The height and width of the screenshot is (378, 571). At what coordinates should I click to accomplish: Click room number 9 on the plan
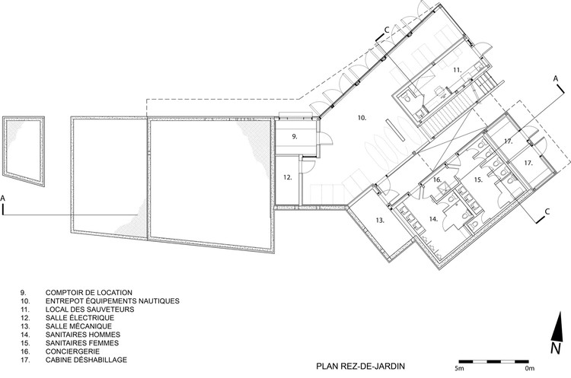coord(295,137)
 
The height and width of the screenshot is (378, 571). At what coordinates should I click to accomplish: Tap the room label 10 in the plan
coord(362,118)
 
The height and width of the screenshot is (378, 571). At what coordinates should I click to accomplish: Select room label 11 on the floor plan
coord(458,69)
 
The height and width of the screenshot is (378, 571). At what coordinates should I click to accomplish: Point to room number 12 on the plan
coord(288,177)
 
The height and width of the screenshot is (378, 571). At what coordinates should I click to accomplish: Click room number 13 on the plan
coord(380,220)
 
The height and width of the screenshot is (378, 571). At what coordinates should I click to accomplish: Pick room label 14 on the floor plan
coord(433,219)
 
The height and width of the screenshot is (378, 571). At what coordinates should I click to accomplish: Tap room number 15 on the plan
coord(478,179)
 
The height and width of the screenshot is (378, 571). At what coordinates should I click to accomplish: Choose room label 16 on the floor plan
coord(437,179)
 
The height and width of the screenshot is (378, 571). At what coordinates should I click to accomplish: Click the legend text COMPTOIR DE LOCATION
coord(89,293)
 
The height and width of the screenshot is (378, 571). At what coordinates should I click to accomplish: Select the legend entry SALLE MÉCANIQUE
coord(78,326)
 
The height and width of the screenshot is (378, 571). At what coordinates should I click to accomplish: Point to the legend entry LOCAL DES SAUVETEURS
coord(90,310)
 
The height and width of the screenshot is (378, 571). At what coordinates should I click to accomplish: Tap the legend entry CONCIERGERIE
coord(72,351)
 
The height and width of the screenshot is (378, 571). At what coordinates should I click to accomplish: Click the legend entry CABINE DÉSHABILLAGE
coord(86,360)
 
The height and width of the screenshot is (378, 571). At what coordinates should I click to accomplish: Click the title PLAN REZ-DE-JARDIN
coord(361,366)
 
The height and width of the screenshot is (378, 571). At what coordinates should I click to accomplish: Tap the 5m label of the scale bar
coord(459,369)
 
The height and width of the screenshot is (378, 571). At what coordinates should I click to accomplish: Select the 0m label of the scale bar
coord(530,369)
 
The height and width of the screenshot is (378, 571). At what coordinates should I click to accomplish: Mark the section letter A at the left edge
coord(3,199)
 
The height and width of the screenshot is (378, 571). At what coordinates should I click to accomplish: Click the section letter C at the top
coord(387,30)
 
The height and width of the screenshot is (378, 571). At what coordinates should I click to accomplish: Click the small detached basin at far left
coord(24,151)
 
